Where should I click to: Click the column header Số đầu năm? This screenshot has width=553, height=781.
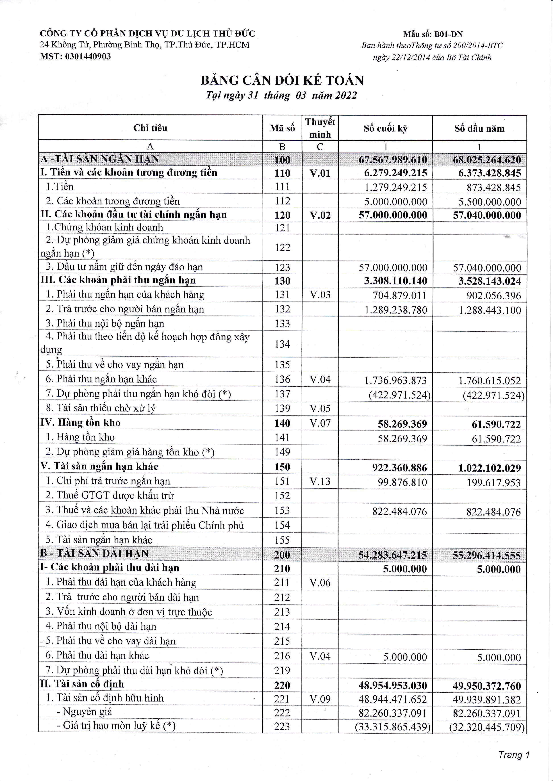(x=479, y=128)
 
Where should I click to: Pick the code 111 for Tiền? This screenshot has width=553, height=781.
(x=282, y=187)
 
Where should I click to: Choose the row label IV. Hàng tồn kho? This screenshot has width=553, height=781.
(x=80, y=423)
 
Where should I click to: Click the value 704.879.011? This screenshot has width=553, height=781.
(x=399, y=295)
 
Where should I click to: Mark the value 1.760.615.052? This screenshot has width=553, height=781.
(x=489, y=380)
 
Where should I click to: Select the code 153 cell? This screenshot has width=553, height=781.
(x=282, y=510)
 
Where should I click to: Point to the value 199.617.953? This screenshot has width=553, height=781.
(x=493, y=482)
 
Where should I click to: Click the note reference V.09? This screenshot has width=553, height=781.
(x=320, y=699)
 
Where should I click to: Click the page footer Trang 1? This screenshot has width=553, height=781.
(x=514, y=755)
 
